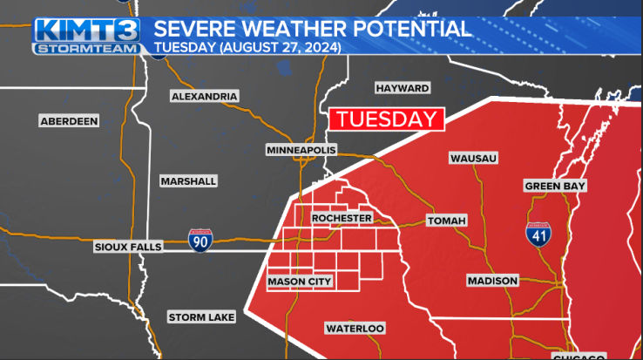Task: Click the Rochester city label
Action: point(342,218)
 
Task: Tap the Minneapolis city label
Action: point(301,151)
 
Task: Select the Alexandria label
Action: point(204,96)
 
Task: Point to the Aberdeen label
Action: point(69,121)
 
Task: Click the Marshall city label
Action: point(188,181)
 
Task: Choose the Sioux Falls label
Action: point(128,248)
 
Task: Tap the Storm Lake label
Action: point(201,317)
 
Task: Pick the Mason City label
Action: point(300,282)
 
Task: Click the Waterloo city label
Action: point(355,329)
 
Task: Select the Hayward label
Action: point(402,88)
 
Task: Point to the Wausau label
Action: point(473,158)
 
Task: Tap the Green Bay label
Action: point(555,186)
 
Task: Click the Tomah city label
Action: point(447,221)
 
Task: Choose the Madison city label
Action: point(492,281)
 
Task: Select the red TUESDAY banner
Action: point(385,120)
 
